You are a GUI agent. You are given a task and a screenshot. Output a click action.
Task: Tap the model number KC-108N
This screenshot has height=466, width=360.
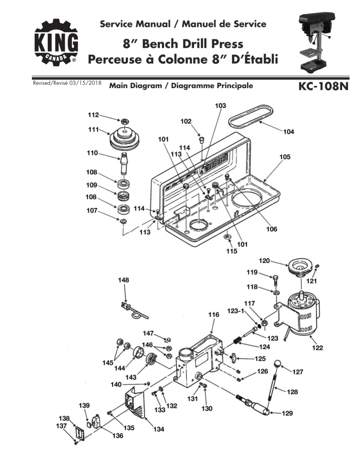pyautogui.click(x=322, y=88)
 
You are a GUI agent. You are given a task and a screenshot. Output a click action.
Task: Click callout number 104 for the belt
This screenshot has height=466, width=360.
pyautogui.click(x=289, y=132)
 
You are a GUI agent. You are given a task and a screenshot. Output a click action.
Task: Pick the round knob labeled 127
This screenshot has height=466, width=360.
pyautogui.click(x=278, y=363)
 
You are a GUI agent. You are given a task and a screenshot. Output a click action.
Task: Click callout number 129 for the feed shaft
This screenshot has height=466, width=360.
pyautogui.click(x=288, y=413)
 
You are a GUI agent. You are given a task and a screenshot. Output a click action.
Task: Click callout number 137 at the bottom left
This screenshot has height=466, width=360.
pyautogui.click(x=62, y=426)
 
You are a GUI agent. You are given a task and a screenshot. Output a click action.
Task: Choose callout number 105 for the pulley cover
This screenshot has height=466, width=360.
pyautogui.click(x=284, y=157)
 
